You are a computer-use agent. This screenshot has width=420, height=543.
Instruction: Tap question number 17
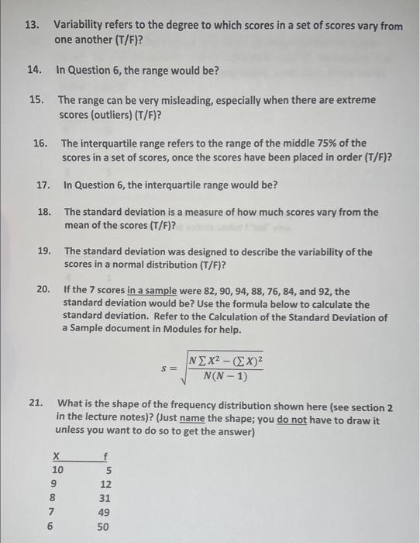[x=44, y=185]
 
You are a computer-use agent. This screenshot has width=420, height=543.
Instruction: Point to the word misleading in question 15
[x=193, y=100]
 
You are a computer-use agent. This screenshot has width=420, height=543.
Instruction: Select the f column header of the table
[x=105, y=456]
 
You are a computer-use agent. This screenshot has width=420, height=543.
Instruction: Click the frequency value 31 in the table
[x=105, y=498]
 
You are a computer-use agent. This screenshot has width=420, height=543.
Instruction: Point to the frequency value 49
[x=105, y=512]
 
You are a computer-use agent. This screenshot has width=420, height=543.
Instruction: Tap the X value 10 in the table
[x=57, y=470]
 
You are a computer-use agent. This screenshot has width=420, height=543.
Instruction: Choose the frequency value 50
[x=105, y=526]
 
